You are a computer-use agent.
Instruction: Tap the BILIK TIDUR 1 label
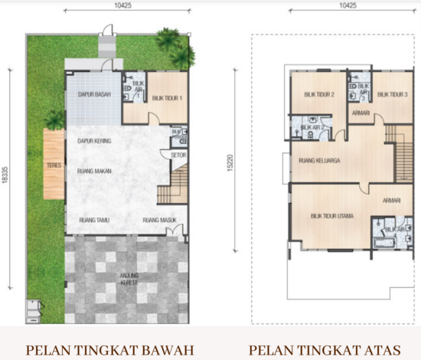coord(166,98)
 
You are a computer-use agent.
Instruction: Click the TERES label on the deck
coord(53,163)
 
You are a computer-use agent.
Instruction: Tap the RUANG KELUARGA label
coord(319,161)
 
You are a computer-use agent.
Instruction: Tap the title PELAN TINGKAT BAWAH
coord(109,351)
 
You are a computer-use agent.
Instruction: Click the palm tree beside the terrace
coord(54,119)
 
